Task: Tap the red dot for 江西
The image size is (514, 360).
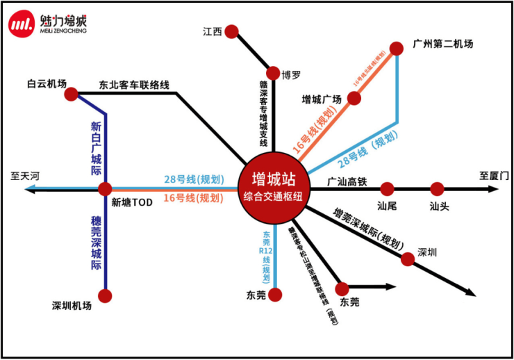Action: [x=232, y=31]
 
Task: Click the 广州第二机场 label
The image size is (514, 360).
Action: [x=442, y=43]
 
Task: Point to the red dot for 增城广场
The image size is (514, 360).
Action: [x=354, y=99]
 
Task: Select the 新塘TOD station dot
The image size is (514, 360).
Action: [x=106, y=188]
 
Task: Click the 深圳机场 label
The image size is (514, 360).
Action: [x=72, y=304]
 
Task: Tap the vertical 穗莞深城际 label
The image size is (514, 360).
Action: [x=96, y=243]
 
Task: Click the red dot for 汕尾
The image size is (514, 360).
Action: [x=388, y=188]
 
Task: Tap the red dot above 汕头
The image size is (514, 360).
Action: [x=437, y=188]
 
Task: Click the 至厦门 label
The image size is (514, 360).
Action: [x=495, y=177]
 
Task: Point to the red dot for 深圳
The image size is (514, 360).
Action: [x=408, y=259]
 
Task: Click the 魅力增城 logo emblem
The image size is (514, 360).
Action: [x=22, y=24]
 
